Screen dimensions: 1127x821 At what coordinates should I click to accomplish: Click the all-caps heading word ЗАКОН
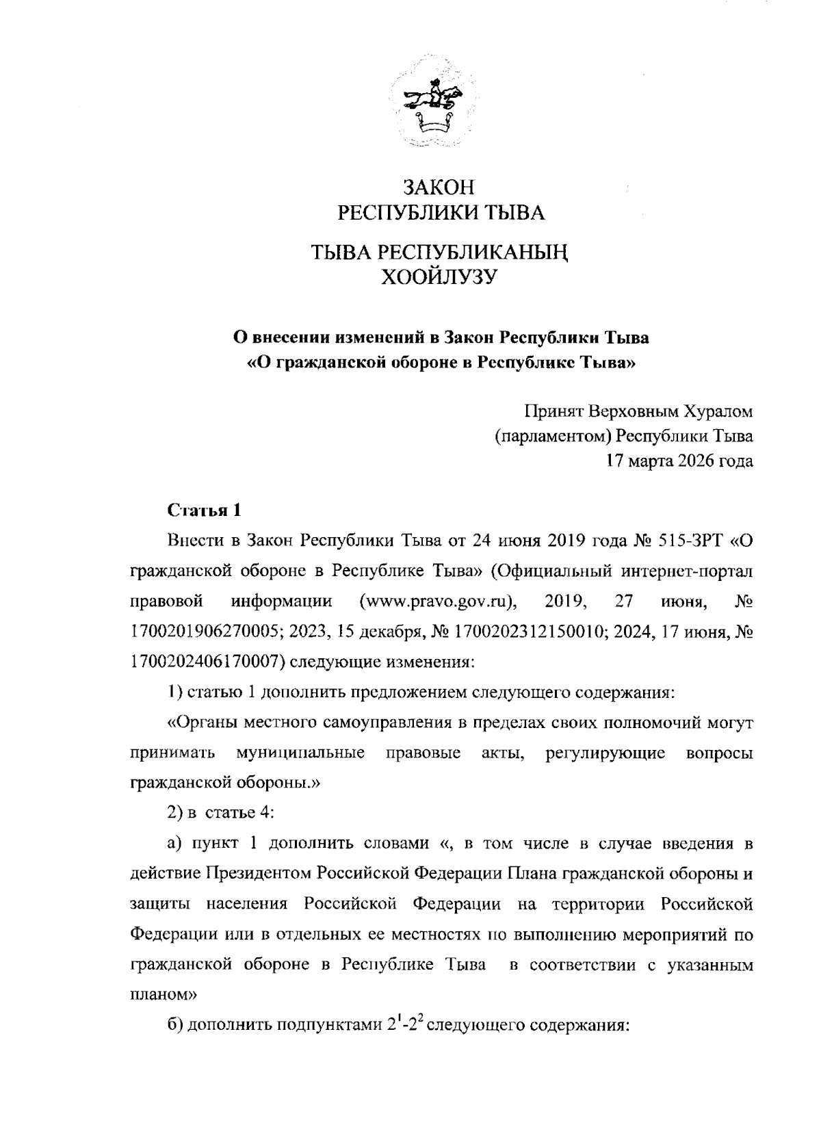point(439,187)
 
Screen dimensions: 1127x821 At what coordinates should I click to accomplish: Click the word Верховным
point(625,411)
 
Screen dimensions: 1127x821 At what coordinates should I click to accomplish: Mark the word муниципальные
point(300,753)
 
